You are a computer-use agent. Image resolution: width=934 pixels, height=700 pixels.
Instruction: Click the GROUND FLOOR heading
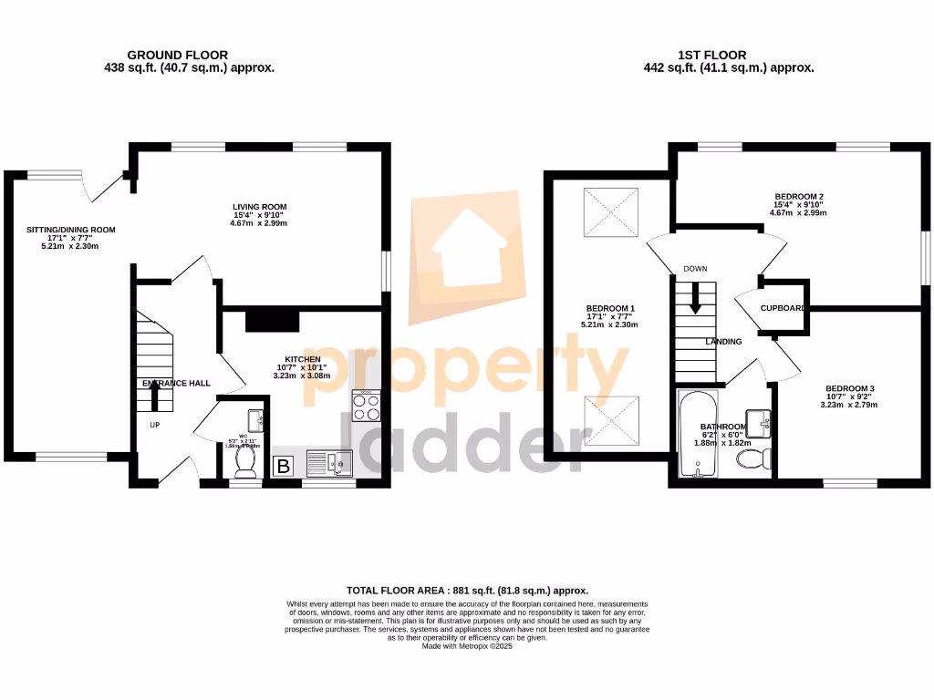(177, 55)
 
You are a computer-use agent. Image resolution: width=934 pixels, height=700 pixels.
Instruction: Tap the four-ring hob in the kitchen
(367, 407)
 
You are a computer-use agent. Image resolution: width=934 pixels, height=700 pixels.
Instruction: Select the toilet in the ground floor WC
(244, 464)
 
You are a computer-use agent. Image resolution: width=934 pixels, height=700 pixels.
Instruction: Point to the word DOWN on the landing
(695, 269)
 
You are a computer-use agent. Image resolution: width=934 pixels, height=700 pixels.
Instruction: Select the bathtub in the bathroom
(700, 436)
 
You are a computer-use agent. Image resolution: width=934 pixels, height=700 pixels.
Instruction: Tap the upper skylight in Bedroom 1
(609, 210)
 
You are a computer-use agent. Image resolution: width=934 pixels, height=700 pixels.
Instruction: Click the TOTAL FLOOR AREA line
(468, 591)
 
